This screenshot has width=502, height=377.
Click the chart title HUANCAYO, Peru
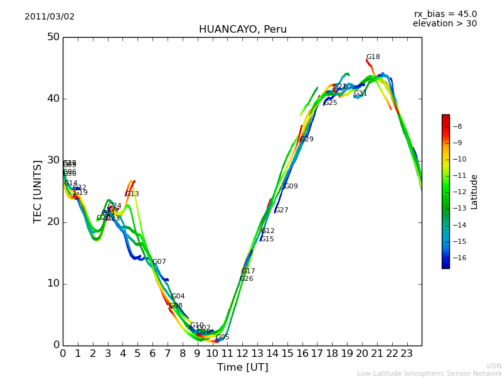click(242, 30)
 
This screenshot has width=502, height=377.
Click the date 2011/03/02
click(50, 17)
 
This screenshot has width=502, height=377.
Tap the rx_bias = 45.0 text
click(445, 14)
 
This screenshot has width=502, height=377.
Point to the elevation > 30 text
click(444, 24)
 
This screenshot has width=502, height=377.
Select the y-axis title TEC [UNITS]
click(38, 191)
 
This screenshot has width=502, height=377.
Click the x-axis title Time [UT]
click(242, 368)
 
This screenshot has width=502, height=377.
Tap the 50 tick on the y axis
click(53, 37)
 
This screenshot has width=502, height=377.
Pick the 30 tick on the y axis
click(53, 160)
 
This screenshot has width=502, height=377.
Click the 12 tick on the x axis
click(242, 354)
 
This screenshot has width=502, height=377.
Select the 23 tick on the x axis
click(407, 354)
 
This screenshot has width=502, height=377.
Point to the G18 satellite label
click(373, 57)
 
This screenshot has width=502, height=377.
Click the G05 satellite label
click(223, 337)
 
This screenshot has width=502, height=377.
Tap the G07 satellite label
click(159, 262)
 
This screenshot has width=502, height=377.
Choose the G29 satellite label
click(307, 139)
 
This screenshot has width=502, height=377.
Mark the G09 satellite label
click(291, 187)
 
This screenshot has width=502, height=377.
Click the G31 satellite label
click(360, 94)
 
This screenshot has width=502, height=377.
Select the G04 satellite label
click(178, 297)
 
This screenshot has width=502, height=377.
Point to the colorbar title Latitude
click(474, 192)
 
